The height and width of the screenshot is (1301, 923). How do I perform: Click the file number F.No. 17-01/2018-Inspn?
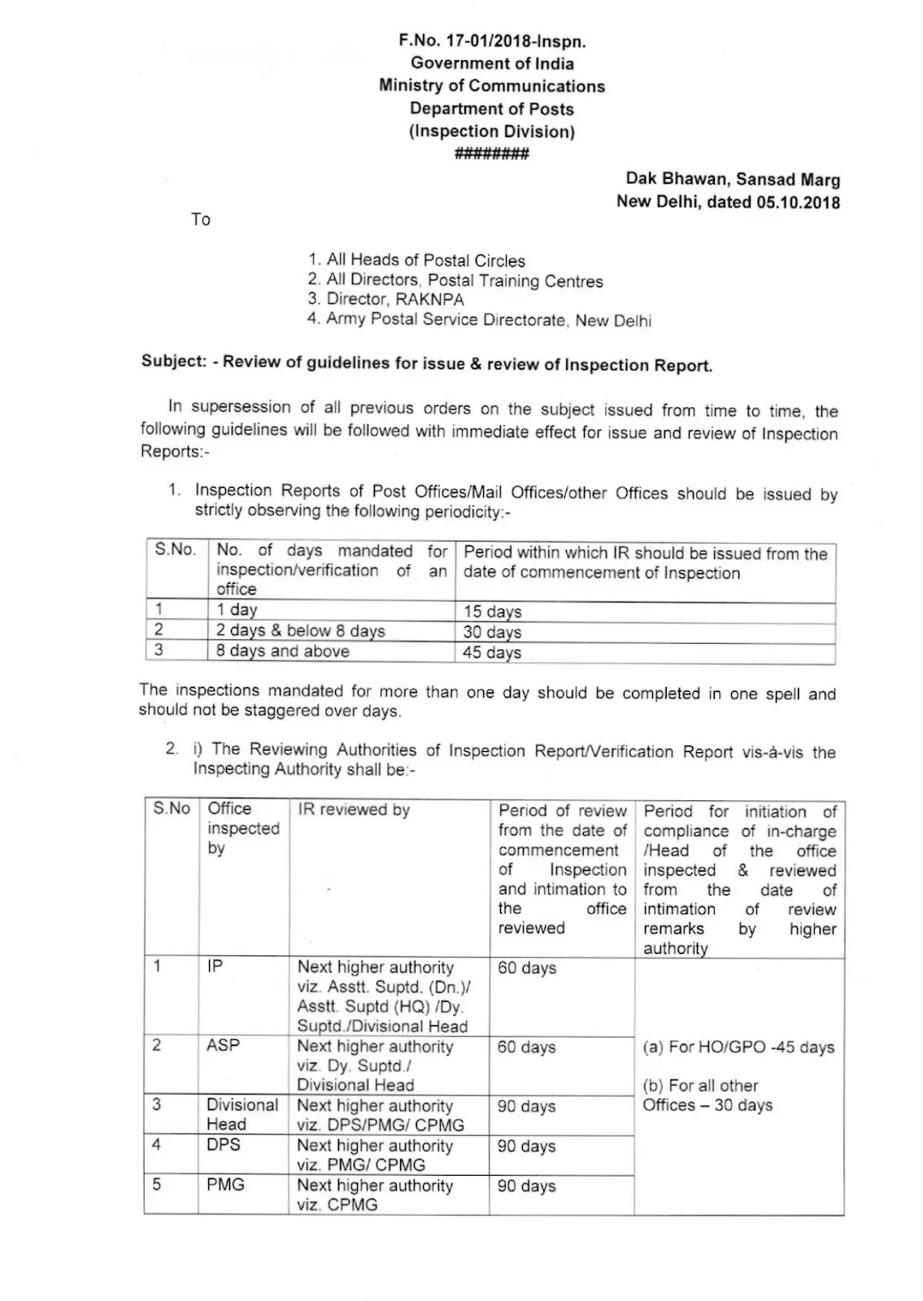[x=491, y=41]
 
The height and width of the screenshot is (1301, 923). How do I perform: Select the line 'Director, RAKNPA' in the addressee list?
[x=386, y=299]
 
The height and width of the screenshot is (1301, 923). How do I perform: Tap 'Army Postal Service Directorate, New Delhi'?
[x=480, y=320]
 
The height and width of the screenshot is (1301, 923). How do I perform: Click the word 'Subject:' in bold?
[x=173, y=361]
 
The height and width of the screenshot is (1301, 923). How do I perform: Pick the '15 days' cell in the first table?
[x=493, y=611]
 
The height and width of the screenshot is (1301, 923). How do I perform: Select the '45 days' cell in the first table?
[x=493, y=652]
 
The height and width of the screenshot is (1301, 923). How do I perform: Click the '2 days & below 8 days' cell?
[x=300, y=630]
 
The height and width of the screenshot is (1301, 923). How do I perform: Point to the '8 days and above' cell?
[x=282, y=651]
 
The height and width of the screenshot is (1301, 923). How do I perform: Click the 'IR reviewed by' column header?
[x=354, y=810]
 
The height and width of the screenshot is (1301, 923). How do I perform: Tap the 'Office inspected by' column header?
[x=242, y=828]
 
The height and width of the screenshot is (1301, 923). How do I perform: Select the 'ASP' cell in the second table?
[x=223, y=1045]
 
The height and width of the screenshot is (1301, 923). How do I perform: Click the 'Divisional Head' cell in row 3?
[x=242, y=1114]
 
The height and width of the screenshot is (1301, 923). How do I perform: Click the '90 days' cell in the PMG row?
[x=526, y=1186]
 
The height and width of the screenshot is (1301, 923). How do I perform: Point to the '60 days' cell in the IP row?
[x=526, y=968]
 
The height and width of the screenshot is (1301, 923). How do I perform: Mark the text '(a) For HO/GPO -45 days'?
[x=738, y=1047]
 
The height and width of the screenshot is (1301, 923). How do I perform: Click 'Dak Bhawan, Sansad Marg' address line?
[x=732, y=180]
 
